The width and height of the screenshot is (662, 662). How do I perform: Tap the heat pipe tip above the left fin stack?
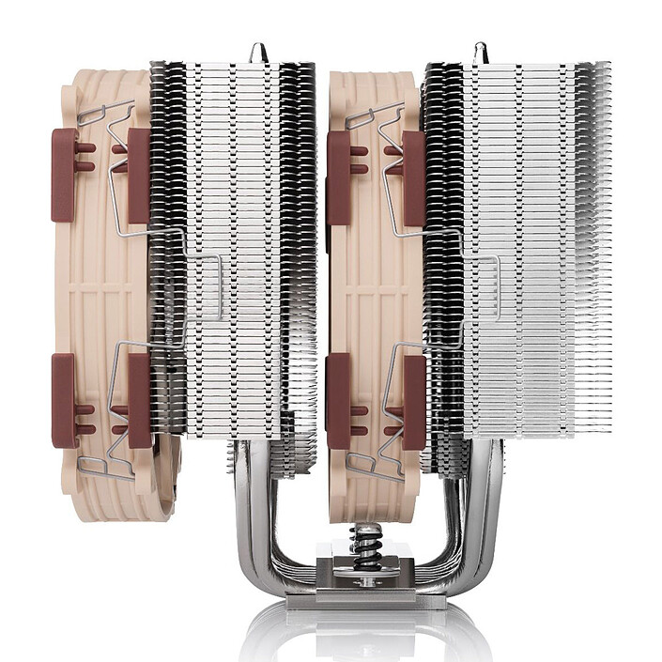257,51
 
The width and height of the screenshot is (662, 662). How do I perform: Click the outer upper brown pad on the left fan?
64,162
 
